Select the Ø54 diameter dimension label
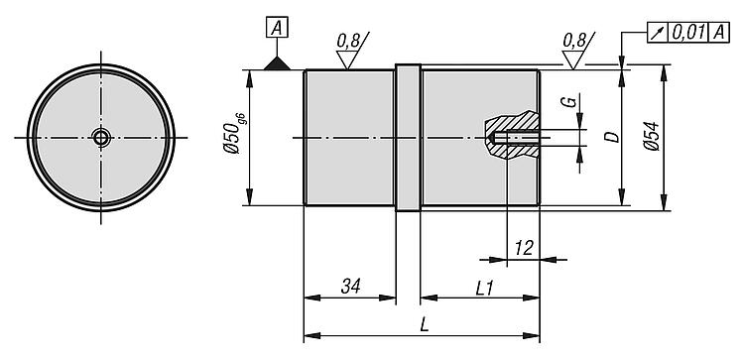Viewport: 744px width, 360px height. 652,136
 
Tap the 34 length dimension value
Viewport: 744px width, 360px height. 350,286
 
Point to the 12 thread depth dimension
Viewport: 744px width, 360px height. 524,248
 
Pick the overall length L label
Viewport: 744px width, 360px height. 425,325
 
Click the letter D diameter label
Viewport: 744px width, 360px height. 613,137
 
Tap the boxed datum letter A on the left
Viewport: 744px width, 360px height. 277,29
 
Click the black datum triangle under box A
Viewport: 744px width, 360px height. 277,63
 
